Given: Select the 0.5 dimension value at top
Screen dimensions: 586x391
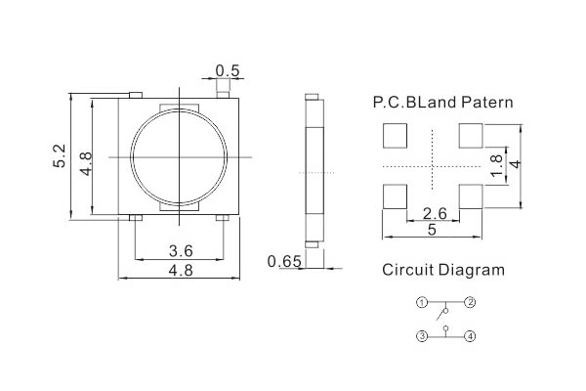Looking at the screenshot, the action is tap(228, 70).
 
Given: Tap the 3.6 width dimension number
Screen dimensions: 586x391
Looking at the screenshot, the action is tap(181, 250).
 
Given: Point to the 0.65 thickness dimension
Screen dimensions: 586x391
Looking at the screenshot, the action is tap(284, 262).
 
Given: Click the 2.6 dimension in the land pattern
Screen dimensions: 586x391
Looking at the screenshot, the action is tap(435, 214).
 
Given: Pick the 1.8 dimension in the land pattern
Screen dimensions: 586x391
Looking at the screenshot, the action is tap(497, 165).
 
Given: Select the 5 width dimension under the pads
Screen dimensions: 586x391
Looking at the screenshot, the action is tap(432, 230).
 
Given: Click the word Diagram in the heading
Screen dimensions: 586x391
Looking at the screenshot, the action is tap(472, 271).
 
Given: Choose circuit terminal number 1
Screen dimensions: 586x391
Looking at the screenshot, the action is tap(422, 302).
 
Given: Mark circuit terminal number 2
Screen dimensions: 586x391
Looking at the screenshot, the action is tap(470, 302).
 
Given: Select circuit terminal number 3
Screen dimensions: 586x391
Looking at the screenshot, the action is tap(422, 336).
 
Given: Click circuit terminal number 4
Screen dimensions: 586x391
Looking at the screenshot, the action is tap(470, 336).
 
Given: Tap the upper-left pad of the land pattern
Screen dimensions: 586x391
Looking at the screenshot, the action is tap(395, 136).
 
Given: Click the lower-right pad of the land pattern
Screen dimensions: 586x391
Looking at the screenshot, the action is tap(471, 196).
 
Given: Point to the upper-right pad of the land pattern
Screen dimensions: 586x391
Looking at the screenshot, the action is tap(471, 136).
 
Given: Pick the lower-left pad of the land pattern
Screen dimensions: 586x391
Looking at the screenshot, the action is tap(395, 196).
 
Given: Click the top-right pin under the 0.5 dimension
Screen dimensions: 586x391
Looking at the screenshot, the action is tap(223, 94).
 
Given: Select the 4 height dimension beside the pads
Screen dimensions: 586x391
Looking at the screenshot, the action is tap(516, 164).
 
